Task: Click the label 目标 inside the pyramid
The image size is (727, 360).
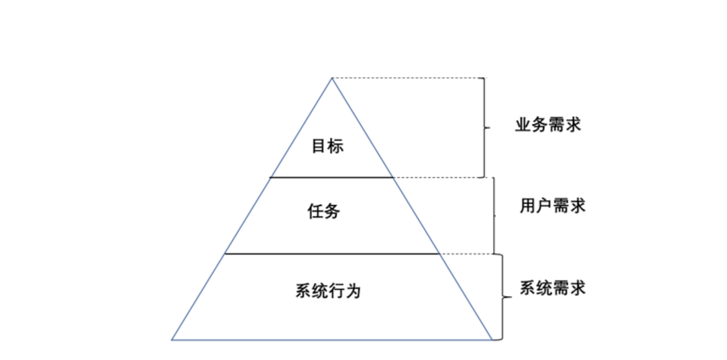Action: [327, 147]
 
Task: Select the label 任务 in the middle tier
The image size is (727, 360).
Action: [324, 211]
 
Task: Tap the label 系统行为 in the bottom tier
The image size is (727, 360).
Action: [327, 290]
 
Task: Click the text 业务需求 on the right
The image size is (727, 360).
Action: [547, 124]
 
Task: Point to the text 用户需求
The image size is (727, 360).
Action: [552, 206]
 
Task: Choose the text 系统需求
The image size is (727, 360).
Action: [552, 288]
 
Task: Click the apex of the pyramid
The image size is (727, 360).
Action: [332, 78]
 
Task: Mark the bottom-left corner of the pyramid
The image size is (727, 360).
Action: [172, 339]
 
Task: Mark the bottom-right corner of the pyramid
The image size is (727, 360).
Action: [492, 339]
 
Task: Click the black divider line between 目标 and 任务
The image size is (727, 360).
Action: [332, 177]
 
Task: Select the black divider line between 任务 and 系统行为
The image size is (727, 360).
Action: [332, 254]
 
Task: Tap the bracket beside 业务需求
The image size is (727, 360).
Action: [484, 127]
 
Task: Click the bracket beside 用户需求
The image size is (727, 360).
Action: [494, 216]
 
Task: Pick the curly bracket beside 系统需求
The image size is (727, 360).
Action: [502, 297]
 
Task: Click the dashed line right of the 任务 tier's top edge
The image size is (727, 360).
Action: [438, 177]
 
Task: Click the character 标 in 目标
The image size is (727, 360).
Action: [336, 147]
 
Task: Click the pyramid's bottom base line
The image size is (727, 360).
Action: [332, 339]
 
